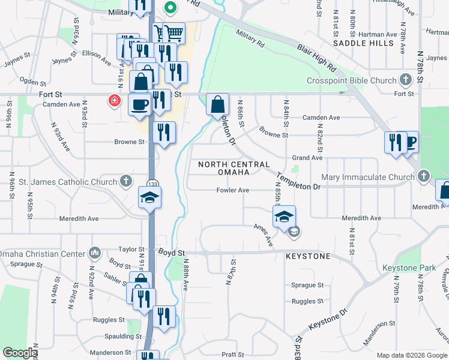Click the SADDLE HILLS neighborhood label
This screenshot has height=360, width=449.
click(363, 43)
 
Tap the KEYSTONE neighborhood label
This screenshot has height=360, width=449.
click(307, 256)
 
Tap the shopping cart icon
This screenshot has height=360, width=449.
click(173, 32)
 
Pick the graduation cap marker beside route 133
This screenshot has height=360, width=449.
click(149, 197)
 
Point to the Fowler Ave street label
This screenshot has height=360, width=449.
click(233, 190)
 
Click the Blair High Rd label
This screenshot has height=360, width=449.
click(316, 54)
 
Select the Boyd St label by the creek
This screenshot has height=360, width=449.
click(172, 253)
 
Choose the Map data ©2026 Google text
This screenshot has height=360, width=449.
click(412, 355)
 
